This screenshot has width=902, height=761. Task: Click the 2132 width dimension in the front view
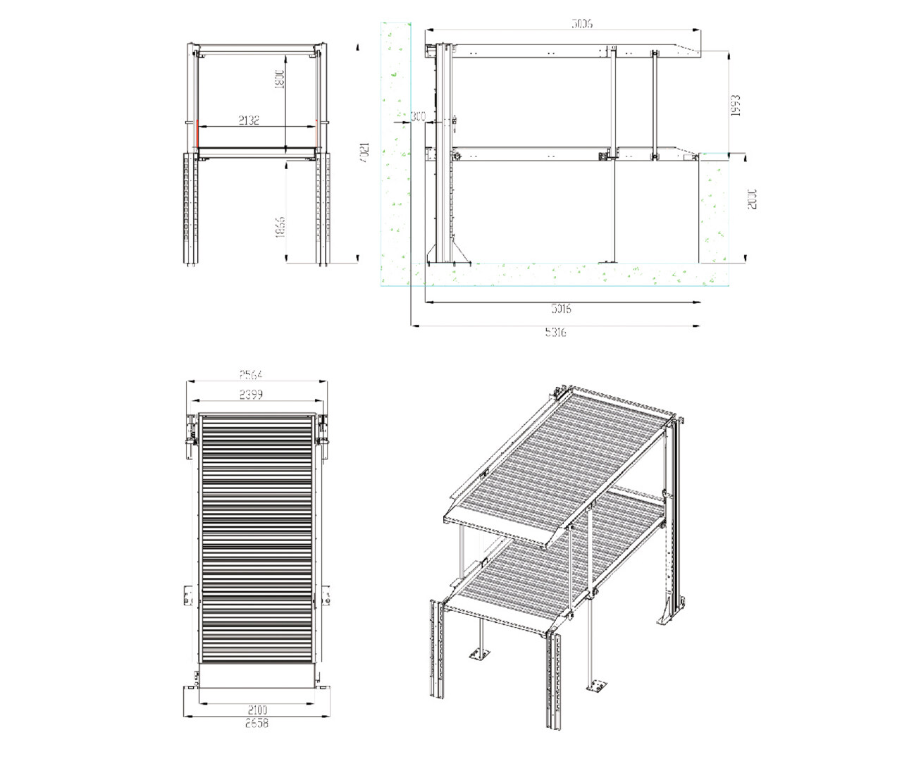(x=249, y=120)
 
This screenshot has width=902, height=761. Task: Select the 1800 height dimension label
(x=278, y=79)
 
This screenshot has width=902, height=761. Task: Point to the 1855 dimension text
(x=280, y=226)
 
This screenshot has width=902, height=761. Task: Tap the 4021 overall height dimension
(x=364, y=152)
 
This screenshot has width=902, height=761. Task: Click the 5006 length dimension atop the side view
(x=581, y=24)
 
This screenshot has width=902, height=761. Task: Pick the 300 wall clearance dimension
(x=418, y=116)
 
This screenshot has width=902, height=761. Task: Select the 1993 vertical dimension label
(x=736, y=105)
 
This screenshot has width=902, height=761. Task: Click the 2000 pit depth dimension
(x=752, y=198)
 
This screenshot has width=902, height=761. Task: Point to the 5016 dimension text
(x=561, y=309)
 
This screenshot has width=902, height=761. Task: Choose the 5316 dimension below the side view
(x=555, y=332)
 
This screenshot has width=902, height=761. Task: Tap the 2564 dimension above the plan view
(x=251, y=375)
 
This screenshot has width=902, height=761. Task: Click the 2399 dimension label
(x=251, y=395)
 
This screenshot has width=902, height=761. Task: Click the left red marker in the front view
(x=197, y=134)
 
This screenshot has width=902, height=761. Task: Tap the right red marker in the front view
(x=317, y=131)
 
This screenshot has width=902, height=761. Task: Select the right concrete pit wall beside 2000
(x=713, y=208)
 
